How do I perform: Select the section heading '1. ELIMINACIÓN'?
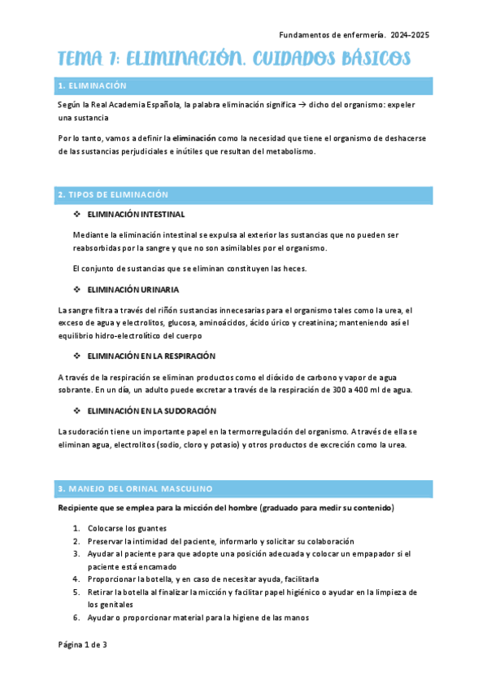point(92,85)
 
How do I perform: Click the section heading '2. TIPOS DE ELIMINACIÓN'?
point(113,194)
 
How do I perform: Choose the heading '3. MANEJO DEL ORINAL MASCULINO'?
point(134,488)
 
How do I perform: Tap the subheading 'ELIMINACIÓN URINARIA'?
point(133,290)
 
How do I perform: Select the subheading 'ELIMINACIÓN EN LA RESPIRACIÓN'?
point(151,356)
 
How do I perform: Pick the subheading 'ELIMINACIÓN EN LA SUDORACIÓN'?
point(150,411)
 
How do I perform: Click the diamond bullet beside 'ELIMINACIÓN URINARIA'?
point(76,290)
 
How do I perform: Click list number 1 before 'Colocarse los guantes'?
point(76,528)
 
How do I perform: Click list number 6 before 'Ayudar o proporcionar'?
point(76,618)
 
